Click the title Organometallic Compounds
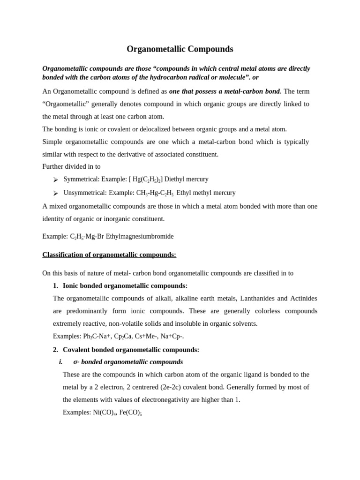coord(180,49)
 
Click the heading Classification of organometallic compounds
coord(109,255)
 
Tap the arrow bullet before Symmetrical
coord(55,180)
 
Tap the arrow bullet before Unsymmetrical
coord(55,193)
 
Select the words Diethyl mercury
coord(186,179)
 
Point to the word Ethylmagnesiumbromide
coord(140,236)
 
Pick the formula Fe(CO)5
coord(130,412)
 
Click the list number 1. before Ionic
coord(55,285)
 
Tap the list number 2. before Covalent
coord(55,349)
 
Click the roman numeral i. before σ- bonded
coord(60,362)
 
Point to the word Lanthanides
coord(256,298)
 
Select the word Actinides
coord(303,298)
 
